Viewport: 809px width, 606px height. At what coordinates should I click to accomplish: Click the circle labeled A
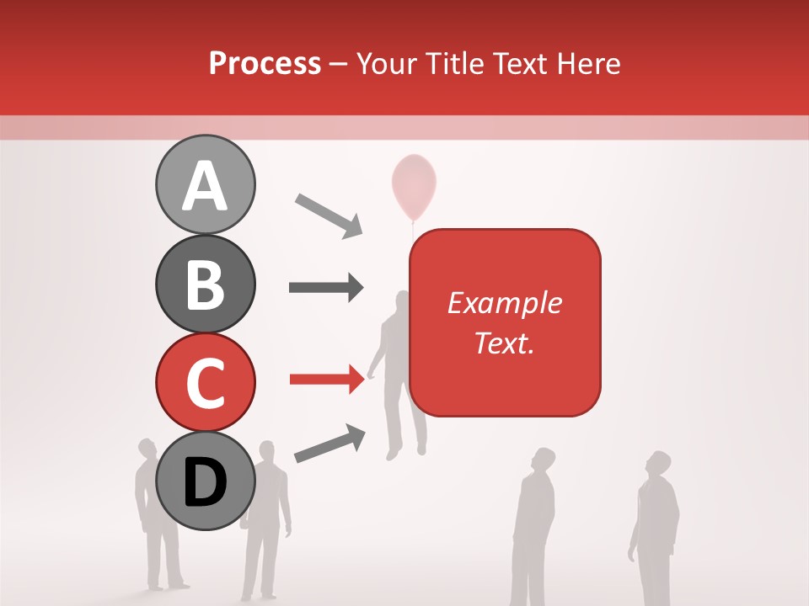click(x=206, y=184)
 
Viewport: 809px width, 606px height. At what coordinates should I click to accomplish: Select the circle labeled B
click(x=206, y=284)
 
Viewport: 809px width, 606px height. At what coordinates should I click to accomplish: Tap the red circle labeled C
click(x=206, y=382)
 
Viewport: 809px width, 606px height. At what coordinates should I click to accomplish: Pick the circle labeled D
click(x=206, y=481)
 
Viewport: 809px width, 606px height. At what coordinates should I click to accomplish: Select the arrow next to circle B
click(x=326, y=287)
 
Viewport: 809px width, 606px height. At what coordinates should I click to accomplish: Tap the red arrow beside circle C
click(x=327, y=380)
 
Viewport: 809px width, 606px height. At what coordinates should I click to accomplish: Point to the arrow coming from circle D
click(x=329, y=444)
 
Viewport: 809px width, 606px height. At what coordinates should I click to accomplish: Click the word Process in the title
click(x=265, y=63)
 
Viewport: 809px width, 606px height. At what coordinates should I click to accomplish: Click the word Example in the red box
click(x=504, y=303)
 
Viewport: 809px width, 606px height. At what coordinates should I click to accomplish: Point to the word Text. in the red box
click(x=504, y=343)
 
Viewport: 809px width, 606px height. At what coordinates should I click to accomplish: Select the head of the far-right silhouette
click(x=657, y=465)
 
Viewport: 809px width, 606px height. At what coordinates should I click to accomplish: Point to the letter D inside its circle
click(x=206, y=483)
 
